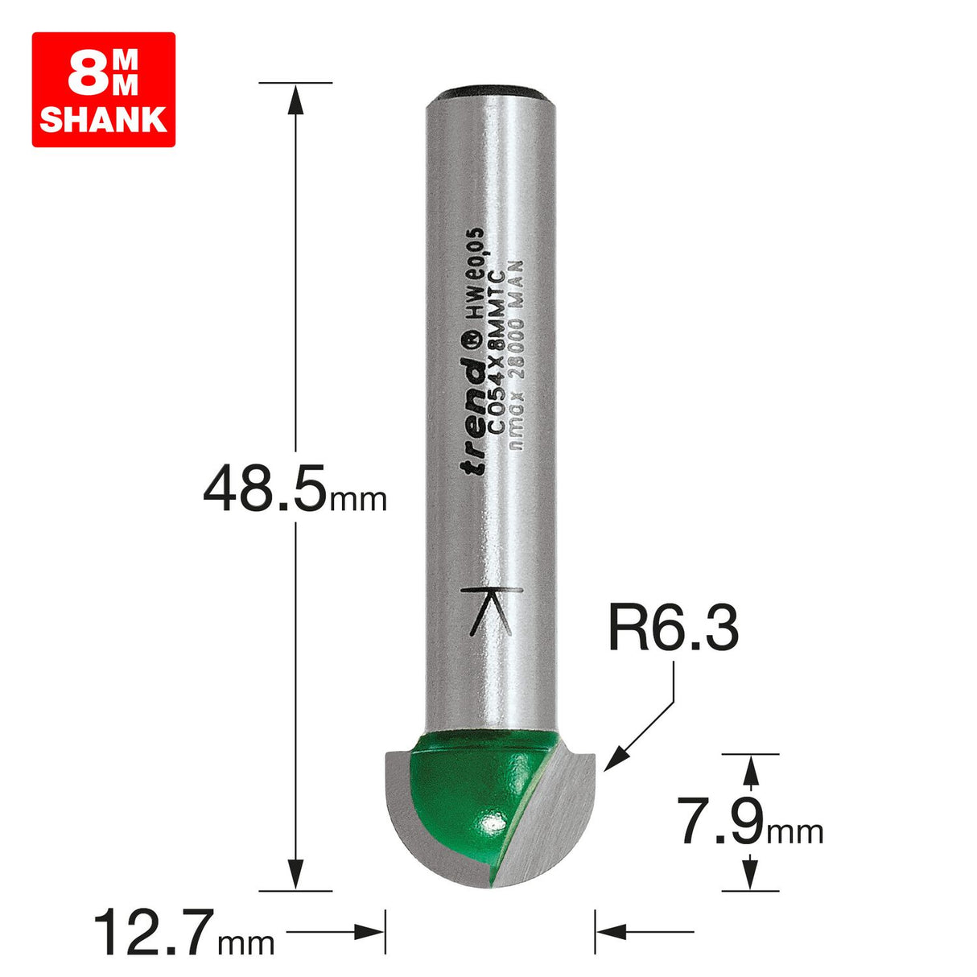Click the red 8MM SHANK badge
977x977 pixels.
pyautogui.click(x=103, y=89)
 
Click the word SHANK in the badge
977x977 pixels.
pyautogui.click(x=103, y=120)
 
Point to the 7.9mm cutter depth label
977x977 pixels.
pyautogui.click(x=751, y=822)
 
